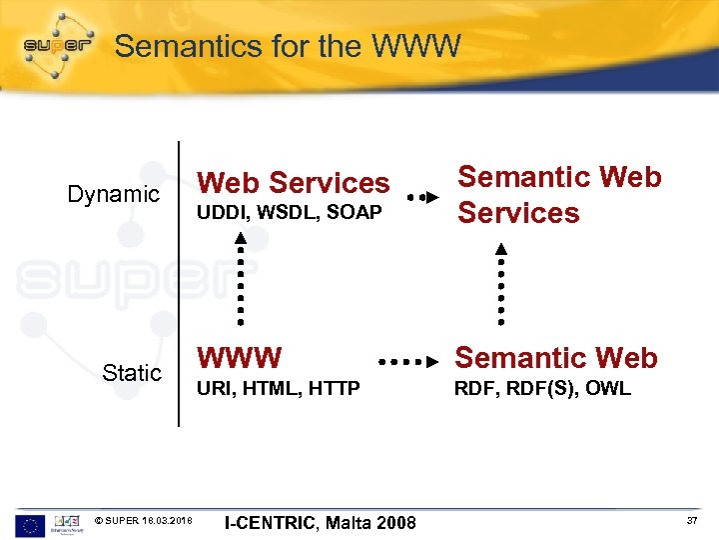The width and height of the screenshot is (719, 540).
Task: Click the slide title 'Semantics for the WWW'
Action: [x=288, y=46]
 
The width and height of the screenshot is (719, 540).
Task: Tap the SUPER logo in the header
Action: [x=58, y=45]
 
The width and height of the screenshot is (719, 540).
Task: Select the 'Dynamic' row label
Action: [x=113, y=194]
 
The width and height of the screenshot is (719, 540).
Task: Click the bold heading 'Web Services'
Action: [x=294, y=183]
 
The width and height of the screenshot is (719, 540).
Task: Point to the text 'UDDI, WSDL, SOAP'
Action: [x=290, y=213]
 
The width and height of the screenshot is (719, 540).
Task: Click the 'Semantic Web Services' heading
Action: [x=559, y=195]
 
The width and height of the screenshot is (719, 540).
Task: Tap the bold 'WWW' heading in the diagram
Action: [x=240, y=358]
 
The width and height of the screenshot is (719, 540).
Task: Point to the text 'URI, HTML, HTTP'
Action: [x=279, y=389]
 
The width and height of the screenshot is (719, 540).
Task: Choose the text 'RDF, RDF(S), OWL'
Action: [x=542, y=389]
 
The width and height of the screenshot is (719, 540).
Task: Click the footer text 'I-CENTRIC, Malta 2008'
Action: [x=321, y=522]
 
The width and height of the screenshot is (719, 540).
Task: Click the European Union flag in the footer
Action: [x=30, y=525]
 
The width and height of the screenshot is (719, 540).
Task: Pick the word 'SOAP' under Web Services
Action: [x=356, y=213]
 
